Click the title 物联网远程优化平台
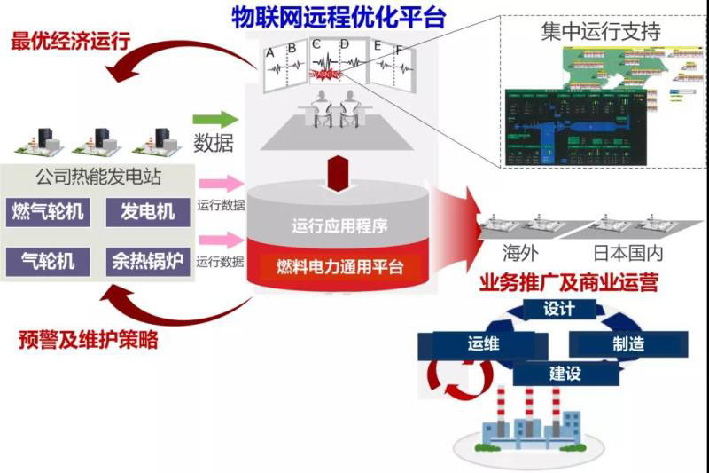338,17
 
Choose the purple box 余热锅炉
148,261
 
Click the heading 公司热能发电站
97,177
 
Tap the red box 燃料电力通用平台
339,267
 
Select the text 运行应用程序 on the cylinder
339,225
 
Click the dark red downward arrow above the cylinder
340,175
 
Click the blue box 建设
565,373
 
